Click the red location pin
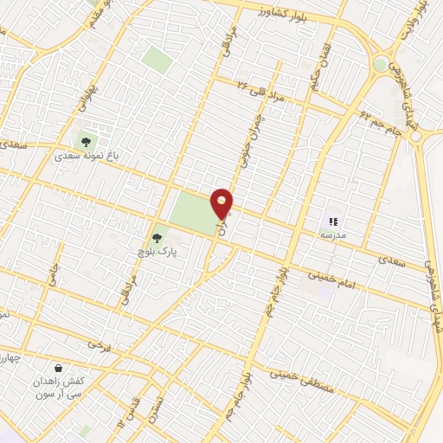point(222,202)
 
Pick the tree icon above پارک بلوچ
point(157,237)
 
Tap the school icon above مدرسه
point(333,221)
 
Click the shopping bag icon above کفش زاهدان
point(57,369)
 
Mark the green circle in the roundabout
point(381,65)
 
